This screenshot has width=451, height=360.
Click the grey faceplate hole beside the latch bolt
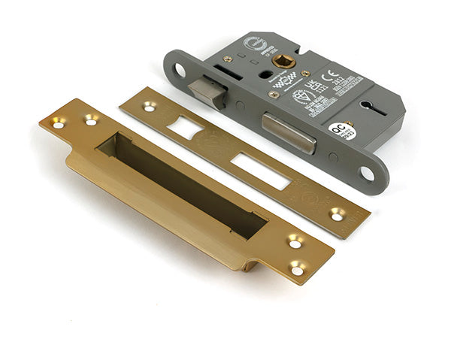pyautogui.click(x=180, y=71)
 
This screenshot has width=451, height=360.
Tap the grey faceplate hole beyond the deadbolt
pyautogui.click(x=366, y=173)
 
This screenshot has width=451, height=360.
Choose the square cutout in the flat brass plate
pyautogui.click(x=185, y=126)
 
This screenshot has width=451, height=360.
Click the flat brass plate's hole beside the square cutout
pyautogui.click(x=149, y=107)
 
